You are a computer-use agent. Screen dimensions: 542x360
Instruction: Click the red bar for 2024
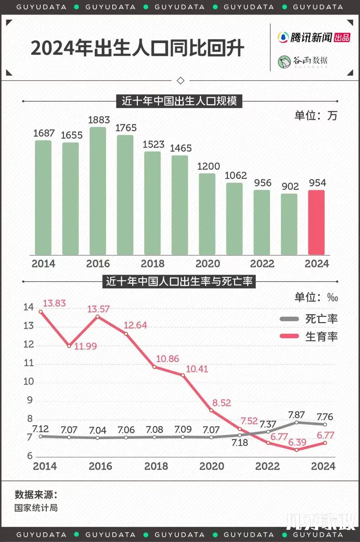[x=316, y=222]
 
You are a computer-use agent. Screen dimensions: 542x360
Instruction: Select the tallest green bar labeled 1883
[x=98, y=191]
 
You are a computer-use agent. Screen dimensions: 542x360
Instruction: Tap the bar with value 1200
[x=207, y=214]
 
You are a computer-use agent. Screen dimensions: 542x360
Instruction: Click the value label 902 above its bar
[x=290, y=187]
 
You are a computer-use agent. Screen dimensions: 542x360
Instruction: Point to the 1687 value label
[x=44, y=133]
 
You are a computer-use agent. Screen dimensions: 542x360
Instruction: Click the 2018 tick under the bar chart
[x=153, y=264]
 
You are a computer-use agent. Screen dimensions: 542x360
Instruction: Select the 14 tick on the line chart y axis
[x=29, y=307]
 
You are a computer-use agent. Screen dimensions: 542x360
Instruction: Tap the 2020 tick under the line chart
[x=212, y=466]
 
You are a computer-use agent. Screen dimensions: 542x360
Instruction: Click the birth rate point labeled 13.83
[x=41, y=312]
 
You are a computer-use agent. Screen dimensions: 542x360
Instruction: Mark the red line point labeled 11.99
[x=69, y=346]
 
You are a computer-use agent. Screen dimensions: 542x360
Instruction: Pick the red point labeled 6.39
[x=297, y=450]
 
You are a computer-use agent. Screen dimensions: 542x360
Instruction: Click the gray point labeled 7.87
[x=297, y=422]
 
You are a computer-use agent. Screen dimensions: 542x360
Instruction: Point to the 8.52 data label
[x=221, y=403]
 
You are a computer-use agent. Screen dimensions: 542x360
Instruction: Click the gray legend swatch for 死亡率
[x=289, y=319]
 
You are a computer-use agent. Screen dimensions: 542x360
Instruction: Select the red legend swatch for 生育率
[x=289, y=336]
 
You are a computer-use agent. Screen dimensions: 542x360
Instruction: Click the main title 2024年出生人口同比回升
[x=137, y=48]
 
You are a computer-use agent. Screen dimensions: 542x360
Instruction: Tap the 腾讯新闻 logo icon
[x=283, y=37]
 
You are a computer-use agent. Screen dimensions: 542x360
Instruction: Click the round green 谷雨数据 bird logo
[x=284, y=62]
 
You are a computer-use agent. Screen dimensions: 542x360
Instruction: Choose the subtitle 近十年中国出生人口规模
[x=179, y=101]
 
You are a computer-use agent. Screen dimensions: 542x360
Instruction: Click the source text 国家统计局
[x=36, y=508]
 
